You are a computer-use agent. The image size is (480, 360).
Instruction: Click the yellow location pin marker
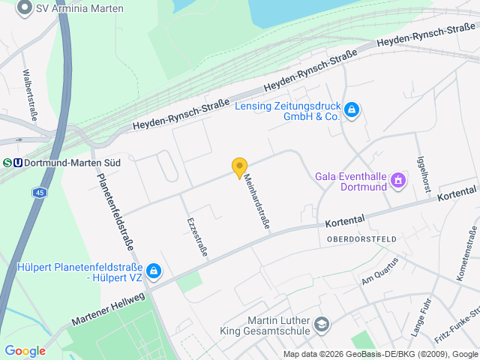pyautogui.click(x=239, y=168)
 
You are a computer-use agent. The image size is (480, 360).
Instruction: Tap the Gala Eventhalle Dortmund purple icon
pyautogui.click(x=397, y=181)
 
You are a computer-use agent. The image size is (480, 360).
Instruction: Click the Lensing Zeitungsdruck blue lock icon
pyautogui.click(x=352, y=111)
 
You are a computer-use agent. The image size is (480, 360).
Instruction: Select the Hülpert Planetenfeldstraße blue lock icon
pyautogui.click(x=153, y=271)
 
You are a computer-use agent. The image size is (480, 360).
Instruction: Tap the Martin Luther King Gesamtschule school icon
pyautogui.click(x=321, y=324)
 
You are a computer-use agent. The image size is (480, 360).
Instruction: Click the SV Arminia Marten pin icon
pyautogui.click(x=24, y=7)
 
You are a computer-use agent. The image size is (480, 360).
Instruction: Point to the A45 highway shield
pyautogui.click(x=37, y=193)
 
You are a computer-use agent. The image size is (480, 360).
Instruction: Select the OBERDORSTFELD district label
pyautogui.click(x=361, y=238)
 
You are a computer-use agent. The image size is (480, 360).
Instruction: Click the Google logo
pyautogui.click(x=25, y=351)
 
